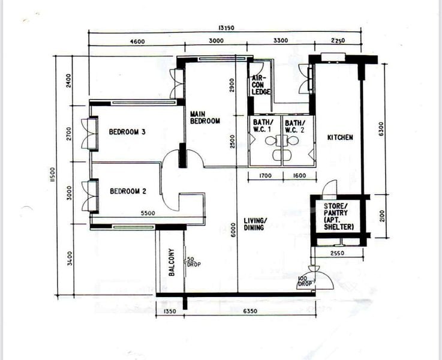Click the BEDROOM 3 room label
click(128, 133)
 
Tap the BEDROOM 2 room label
click(128, 192)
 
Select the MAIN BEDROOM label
click(205, 117)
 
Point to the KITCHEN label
click(340, 138)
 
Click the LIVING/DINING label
click(255, 224)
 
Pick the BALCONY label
click(172, 262)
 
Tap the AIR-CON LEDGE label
click(261, 85)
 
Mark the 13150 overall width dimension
click(225, 28)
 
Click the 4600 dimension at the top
click(137, 41)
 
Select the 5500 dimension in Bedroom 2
click(149, 213)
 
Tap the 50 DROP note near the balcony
click(193, 262)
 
